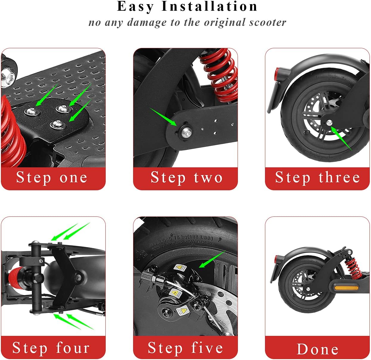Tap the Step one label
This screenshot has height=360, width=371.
tap(52, 178)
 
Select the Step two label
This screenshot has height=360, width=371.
tap(186, 178)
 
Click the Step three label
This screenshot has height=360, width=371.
tap(317, 178)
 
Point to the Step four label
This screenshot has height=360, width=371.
tap(51, 348)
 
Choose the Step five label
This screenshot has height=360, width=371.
tap(185, 348)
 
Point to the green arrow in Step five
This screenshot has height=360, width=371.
tap(212, 259)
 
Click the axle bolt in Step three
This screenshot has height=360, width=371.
tap(329, 122)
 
